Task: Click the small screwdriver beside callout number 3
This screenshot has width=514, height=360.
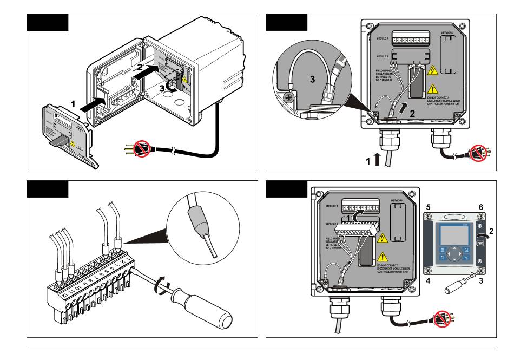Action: click(459, 288)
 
